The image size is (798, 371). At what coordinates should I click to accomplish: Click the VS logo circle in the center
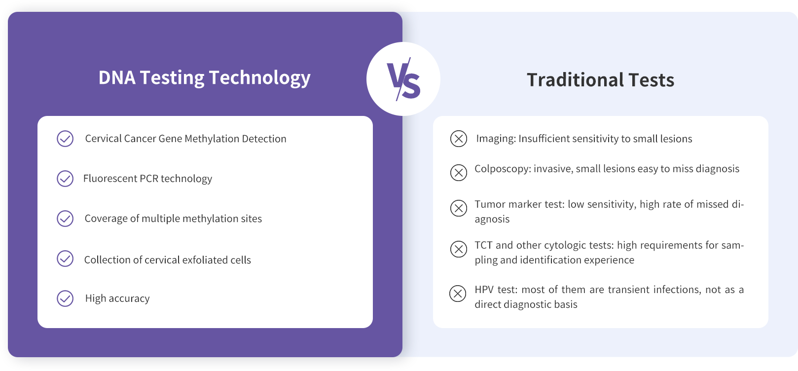point(403,79)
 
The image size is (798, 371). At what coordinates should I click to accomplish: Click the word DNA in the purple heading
point(117,77)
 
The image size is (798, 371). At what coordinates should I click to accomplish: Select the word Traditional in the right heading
point(576,80)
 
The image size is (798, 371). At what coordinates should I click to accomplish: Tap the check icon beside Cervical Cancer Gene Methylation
point(65,139)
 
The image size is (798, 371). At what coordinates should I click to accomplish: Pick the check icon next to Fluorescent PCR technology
point(65,179)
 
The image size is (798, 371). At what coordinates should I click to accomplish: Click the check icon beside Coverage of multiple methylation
point(65,219)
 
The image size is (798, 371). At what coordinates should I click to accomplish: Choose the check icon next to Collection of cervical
point(65,259)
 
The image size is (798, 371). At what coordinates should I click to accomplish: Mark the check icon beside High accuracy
point(65,298)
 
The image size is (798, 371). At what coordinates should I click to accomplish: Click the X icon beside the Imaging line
point(459,139)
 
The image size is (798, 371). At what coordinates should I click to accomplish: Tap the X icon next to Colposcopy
point(459,173)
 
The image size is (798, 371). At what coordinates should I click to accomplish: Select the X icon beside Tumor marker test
point(459,208)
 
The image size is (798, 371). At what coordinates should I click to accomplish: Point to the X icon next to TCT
point(459,249)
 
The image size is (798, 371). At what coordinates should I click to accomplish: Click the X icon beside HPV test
point(458,294)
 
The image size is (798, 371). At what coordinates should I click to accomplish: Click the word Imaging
point(496,139)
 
